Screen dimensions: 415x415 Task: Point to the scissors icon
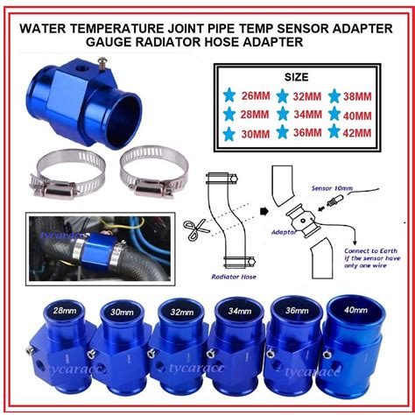point(194,231)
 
